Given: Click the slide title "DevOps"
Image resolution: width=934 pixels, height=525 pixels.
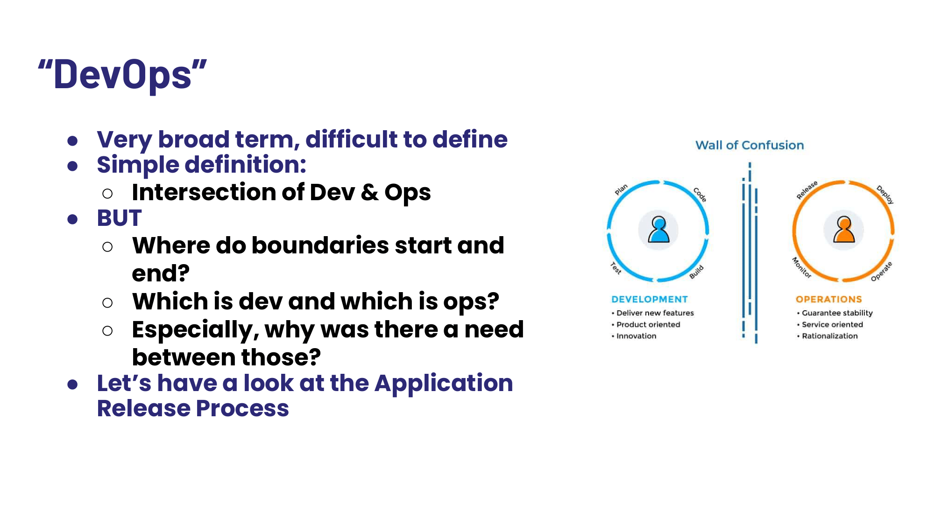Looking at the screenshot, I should pos(122,75).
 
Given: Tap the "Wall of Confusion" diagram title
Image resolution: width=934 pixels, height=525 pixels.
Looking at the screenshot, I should pos(750,145).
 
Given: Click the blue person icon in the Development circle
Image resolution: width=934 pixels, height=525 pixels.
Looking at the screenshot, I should pos(658,230).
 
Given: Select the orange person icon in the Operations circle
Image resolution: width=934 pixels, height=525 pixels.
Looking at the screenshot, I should pos(844,230).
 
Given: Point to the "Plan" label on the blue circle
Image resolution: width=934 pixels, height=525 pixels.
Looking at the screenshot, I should pos(621,189).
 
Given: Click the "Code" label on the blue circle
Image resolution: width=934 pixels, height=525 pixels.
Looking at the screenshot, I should pos(700,195).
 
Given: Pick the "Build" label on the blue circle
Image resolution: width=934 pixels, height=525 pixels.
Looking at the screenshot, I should pos(696,272).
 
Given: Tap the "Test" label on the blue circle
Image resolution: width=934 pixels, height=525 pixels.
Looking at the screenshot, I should pos(616,268).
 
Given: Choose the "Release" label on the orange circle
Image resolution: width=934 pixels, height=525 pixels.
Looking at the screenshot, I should pos(807,190).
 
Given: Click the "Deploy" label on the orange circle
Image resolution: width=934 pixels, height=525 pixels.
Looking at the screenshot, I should pos(885,195).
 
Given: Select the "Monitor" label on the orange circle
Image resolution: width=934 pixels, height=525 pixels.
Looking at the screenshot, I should pos(801,267).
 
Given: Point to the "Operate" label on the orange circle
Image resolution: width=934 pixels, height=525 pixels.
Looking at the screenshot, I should pos(881,272).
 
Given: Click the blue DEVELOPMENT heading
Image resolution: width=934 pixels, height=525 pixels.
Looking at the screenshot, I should pos(650,299).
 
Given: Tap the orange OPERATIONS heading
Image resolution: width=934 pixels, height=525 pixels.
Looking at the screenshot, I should pos(829,299).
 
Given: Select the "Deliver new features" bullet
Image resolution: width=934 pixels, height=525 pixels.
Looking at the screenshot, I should pos(655,313).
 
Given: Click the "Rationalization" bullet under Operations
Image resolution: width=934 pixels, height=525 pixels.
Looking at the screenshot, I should pos(829,336).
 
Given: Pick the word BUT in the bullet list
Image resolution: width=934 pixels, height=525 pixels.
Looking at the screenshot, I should pos(119,218).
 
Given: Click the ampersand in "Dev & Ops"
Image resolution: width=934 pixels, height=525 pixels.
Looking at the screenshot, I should pos(369,192).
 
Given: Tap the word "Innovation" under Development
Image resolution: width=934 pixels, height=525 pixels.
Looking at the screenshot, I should pos(636,336).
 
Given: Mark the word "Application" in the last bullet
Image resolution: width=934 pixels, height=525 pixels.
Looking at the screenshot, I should pos(444,383).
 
